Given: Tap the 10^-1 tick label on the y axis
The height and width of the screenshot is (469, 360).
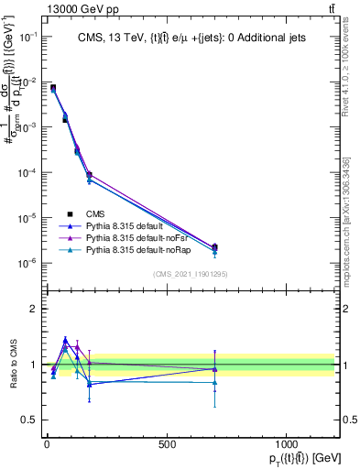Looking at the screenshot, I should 27,37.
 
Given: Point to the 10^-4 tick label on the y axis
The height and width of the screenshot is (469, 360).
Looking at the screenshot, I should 27,173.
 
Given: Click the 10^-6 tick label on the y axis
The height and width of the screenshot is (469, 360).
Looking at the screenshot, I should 27,264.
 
